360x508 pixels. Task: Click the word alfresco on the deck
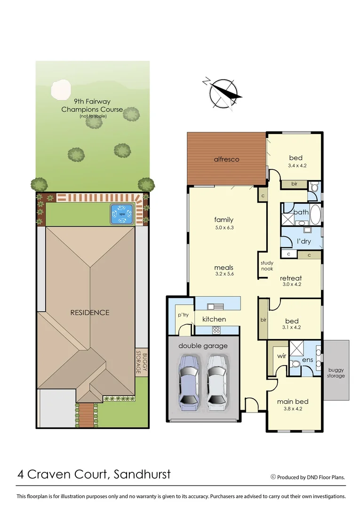point(227,159)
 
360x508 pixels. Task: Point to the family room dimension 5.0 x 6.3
point(224,228)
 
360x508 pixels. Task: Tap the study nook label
point(267,266)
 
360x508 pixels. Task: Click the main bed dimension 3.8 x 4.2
point(292,409)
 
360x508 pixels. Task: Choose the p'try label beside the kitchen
point(183,315)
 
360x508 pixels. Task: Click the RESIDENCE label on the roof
point(89,312)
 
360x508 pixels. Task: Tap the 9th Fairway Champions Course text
point(92,105)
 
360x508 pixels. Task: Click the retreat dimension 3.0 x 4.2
point(291,284)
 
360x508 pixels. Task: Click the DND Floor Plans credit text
point(311,477)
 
